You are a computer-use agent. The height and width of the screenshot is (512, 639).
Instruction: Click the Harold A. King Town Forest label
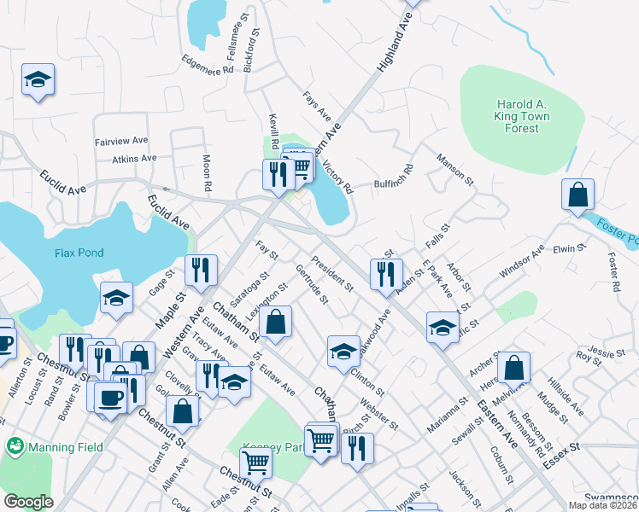(521, 116)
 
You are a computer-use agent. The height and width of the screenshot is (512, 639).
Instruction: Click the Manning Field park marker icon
(14, 446)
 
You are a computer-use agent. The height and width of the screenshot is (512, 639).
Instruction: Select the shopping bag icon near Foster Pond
(578, 195)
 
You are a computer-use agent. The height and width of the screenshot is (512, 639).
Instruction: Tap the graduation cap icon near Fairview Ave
(38, 80)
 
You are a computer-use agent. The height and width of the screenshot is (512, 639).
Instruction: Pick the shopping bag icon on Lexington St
(276, 323)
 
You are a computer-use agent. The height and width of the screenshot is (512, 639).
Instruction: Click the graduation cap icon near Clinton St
(343, 351)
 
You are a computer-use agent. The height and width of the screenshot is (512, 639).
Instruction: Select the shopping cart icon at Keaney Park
(255, 463)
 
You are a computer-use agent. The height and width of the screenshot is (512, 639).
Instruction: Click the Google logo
(28, 502)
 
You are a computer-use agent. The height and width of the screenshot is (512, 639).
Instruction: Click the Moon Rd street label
(207, 172)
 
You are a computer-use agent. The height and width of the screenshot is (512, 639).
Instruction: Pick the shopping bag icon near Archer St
(513, 368)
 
